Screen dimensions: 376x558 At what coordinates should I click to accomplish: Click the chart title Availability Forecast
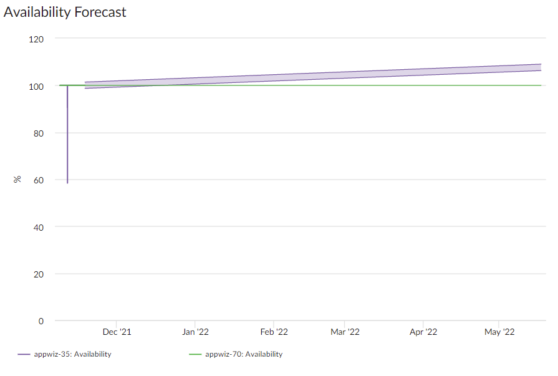point(65,12)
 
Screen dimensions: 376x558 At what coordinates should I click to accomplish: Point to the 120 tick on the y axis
point(36,39)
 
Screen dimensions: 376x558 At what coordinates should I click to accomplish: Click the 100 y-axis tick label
point(36,86)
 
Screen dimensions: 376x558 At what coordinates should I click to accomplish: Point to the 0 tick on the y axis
point(41,321)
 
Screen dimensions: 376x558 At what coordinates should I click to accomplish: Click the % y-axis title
point(17,180)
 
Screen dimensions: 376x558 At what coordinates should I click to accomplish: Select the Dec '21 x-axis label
point(117,332)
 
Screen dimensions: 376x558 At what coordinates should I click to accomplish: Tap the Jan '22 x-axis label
point(195,332)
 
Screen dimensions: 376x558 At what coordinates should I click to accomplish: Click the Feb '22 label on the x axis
point(274,332)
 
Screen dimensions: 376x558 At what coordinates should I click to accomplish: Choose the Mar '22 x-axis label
point(345,332)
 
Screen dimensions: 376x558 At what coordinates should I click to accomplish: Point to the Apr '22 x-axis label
point(423,332)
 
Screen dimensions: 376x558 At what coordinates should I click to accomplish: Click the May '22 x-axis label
point(500,332)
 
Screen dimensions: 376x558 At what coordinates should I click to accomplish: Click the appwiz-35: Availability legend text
point(72,354)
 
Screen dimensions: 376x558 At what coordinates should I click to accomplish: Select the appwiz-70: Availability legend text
point(243,354)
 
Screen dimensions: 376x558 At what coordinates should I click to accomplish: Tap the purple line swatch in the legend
point(24,354)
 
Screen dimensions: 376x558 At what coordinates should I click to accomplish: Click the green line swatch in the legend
point(195,354)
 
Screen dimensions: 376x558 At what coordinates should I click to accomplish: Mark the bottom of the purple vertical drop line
point(67,182)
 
